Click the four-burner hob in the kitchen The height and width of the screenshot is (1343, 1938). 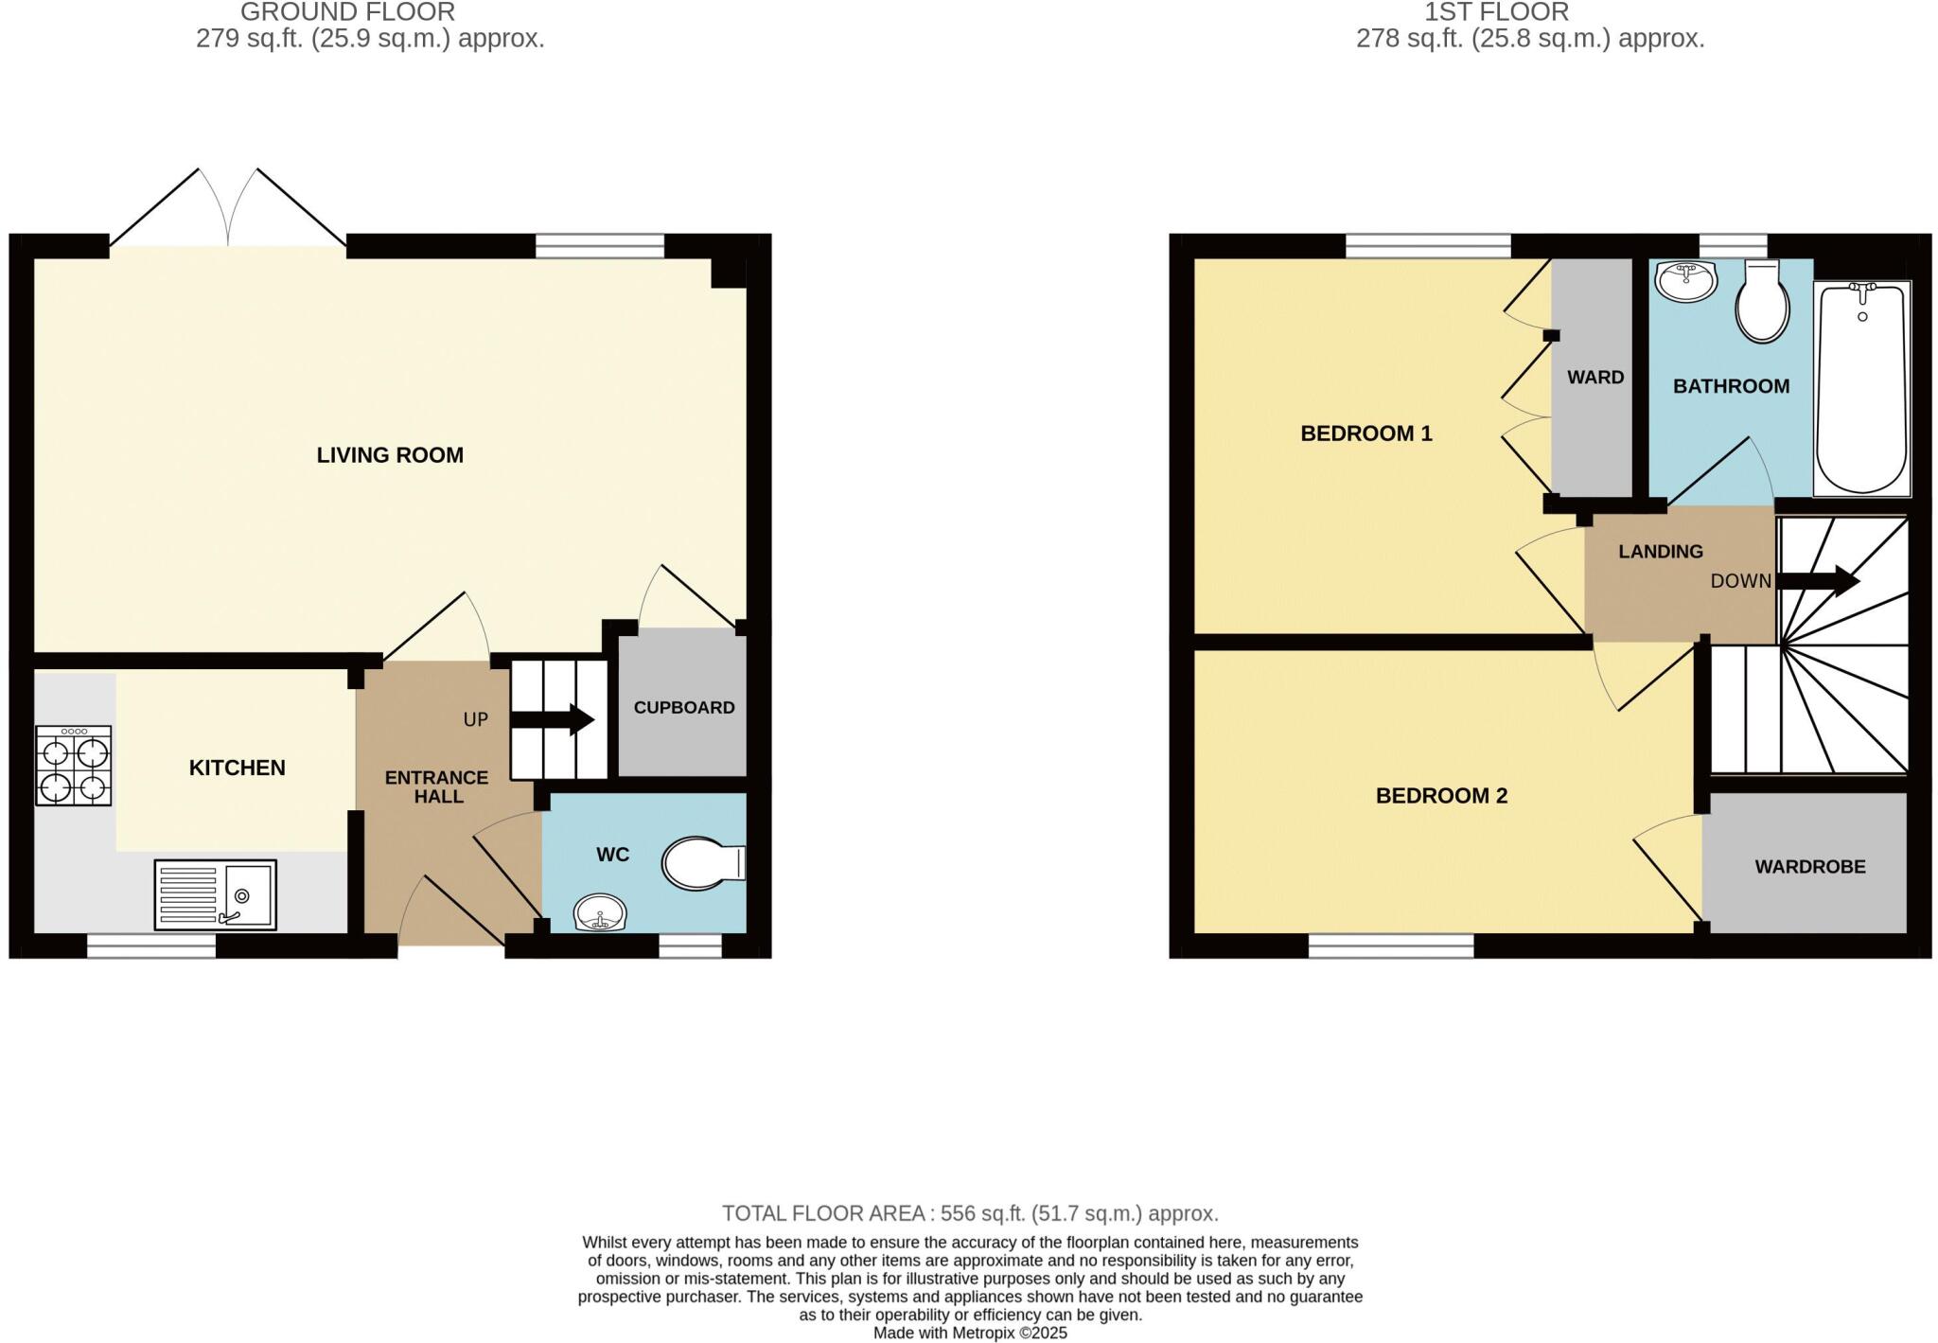(x=74, y=765)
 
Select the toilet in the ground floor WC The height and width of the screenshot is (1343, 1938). (x=702, y=863)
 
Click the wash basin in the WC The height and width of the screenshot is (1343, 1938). (x=600, y=914)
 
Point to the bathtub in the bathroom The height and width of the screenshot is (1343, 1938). (x=1861, y=388)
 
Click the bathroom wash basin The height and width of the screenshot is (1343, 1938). (x=1686, y=281)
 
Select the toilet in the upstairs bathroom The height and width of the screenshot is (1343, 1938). (x=1762, y=303)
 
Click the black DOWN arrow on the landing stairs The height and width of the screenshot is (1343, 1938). (x=1818, y=581)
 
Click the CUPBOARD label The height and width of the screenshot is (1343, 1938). (x=684, y=708)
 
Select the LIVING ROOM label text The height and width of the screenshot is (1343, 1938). (x=390, y=455)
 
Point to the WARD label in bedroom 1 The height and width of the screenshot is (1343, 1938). (x=1595, y=378)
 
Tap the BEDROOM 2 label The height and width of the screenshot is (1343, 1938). (x=1441, y=796)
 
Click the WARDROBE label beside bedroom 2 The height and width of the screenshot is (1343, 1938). (x=1810, y=867)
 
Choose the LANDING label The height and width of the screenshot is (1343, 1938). (x=1660, y=552)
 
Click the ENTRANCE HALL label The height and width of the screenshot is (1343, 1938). (x=436, y=786)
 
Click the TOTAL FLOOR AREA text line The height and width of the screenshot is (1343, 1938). (x=970, y=1213)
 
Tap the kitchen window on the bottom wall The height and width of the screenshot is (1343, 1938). (x=151, y=945)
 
